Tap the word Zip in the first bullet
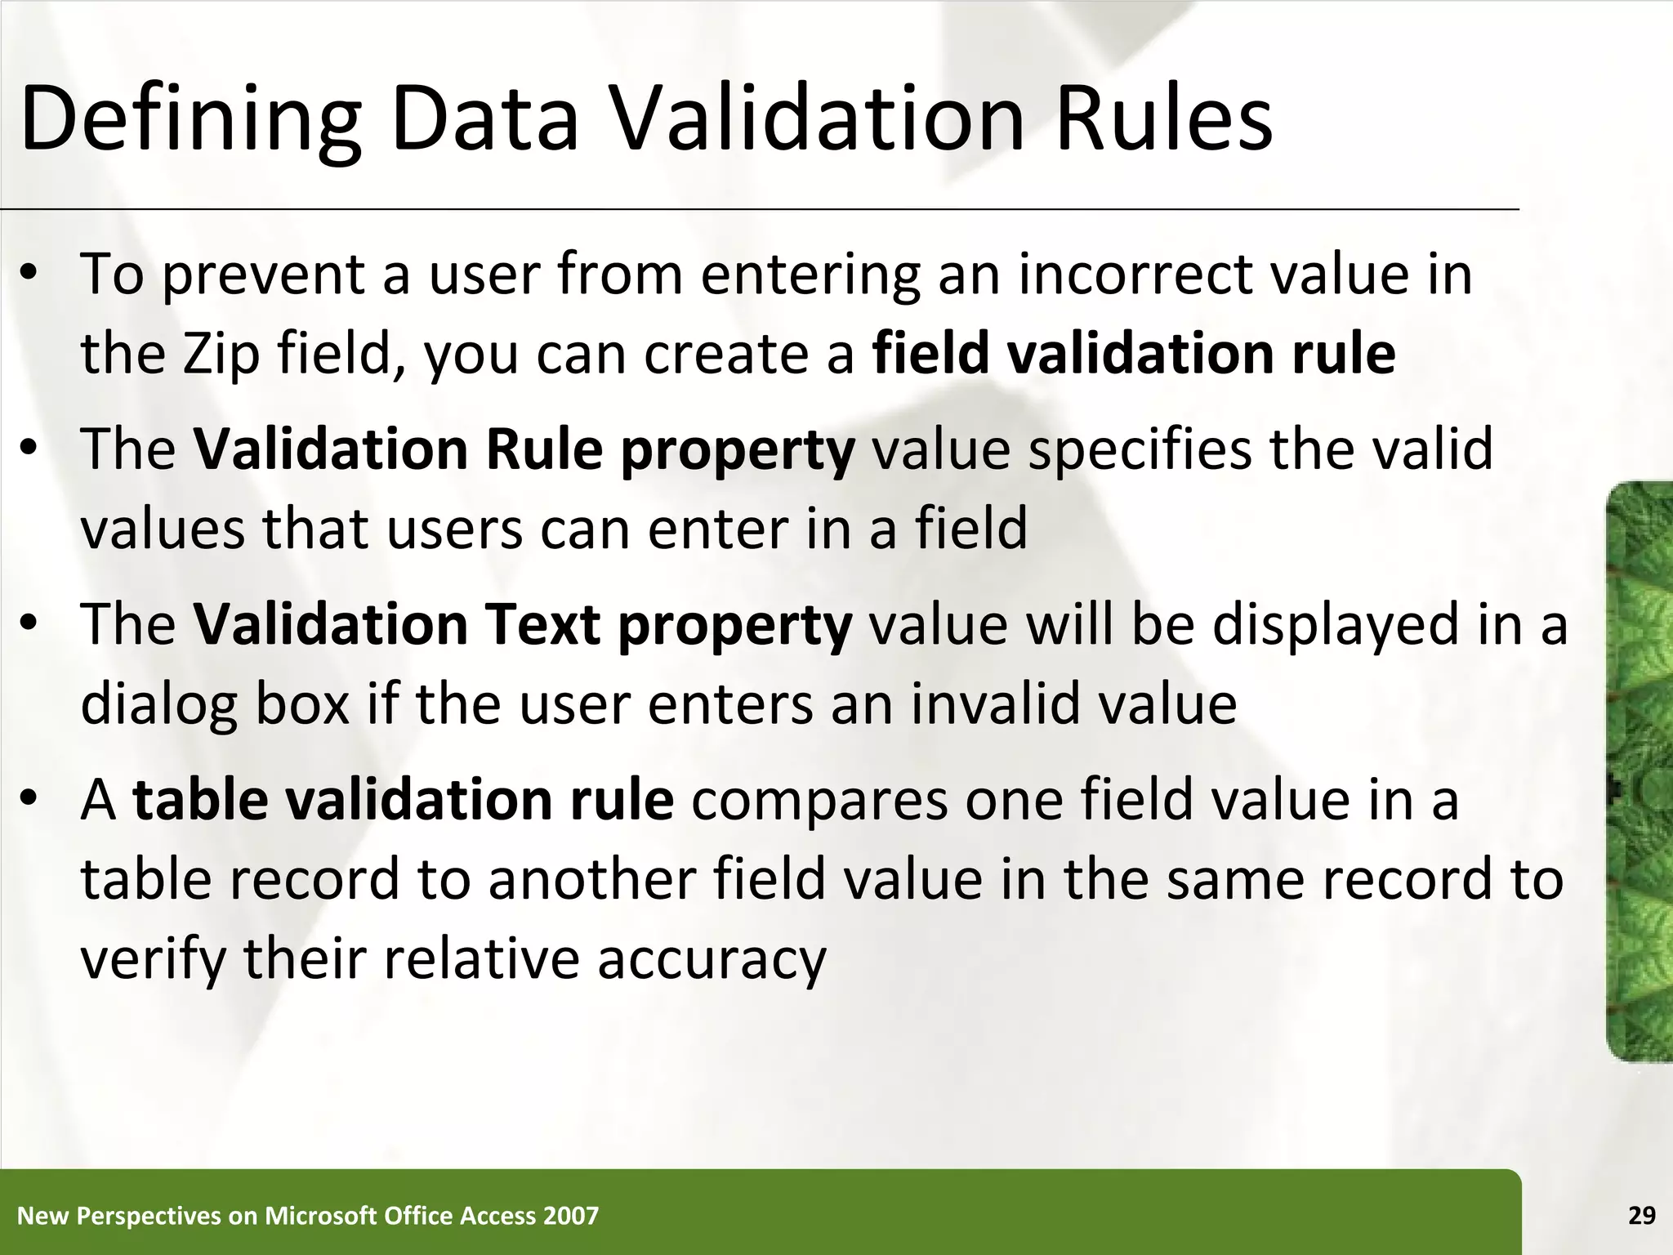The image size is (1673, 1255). coord(221,355)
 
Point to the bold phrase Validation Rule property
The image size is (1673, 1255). coord(524,450)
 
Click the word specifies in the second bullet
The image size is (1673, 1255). coord(1140,450)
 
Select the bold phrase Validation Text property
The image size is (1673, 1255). coord(523,625)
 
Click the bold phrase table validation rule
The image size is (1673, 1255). coord(404,800)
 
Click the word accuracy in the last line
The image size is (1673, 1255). coord(712,959)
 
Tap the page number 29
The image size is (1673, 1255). coord(1641,1216)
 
